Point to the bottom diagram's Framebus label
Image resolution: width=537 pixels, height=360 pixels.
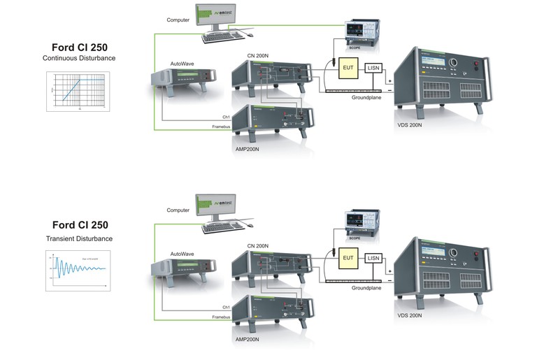pyautogui.click(x=221, y=317)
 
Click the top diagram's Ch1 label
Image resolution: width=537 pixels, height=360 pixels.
pyautogui.click(x=227, y=117)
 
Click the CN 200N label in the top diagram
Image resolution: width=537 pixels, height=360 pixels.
pyautogui.click(x=258, y=55)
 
